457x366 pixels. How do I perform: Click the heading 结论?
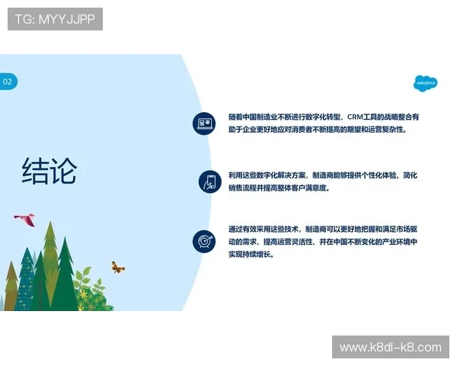[x=50, y=171]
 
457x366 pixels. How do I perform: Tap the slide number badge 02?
[x=8, y=82]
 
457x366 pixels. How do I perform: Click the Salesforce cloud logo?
[x=425, y=83]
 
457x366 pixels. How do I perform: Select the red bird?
[x=25, y=220]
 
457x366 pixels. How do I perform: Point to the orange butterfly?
[x=117, y=267]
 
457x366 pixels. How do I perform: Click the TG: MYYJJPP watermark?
[x=55, y=19]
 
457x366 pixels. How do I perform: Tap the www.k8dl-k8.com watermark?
[x=390, y=348]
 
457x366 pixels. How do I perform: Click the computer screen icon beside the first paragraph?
[x=204, y=124]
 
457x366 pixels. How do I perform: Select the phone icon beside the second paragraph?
[x=209, y=181]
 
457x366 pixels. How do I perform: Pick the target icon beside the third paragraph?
[x=203, y=241]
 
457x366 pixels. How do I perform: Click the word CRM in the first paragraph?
[x=356, y=117]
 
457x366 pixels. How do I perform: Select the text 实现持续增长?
[x=251, y=255]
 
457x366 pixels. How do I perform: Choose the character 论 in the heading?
[x=63, y=171]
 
